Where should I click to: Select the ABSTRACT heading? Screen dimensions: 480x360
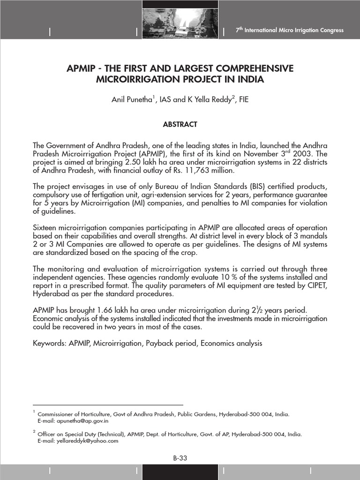click(180, 124)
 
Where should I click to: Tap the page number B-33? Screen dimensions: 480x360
click(180, 458)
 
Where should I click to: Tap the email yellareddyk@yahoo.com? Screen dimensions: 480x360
click(78, 441)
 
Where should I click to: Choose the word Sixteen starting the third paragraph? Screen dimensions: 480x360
click(46, 228)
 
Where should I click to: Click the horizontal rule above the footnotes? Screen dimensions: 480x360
click(108, 405)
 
